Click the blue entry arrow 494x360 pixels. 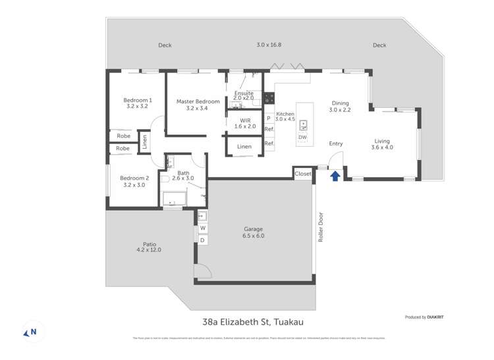tap(335, 176)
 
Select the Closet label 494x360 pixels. tap(303, 174)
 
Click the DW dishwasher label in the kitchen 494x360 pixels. tap(302, 137)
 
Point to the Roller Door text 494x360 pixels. tap(321, 227)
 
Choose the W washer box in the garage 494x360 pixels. tap(202, 228)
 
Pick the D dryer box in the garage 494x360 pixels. tap(202, 240)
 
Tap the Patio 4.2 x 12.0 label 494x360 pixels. tap(148, 247)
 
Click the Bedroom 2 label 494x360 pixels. tap(134, 182)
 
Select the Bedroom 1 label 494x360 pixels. tap(138, 104)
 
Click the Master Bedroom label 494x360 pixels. tap(198, 105)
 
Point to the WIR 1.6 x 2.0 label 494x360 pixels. tap(246, 123)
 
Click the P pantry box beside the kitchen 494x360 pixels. tap(269, 118)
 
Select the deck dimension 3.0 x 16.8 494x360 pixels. tap(269, 45)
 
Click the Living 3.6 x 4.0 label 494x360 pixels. tap(382, 144)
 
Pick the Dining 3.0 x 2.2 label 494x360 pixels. tap(341, 107)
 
